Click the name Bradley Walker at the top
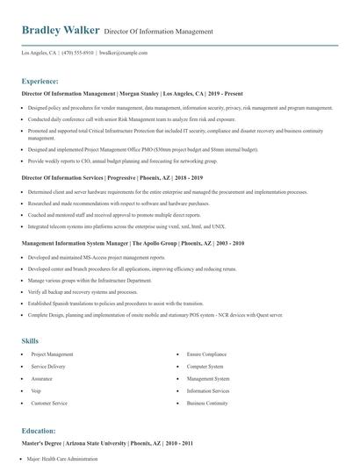pyautogui.click(x=60, y=30)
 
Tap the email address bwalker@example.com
pyautogui.click(x=124, y=53)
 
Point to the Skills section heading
pyautogui.click(x=31, y=340)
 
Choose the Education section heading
pyautogui.click(x=40, y=431)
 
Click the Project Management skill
pyautogui.click(x=52, y=354)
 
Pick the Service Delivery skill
pyautogui.click(x=48, y=367)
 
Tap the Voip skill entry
pyautogui.click(x=37, y=391)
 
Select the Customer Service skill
pyautogui.click(x=49, y=404)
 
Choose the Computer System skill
pyautogui.click(x=205, y=367)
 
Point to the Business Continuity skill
pyautogui.click(x=208, y=404)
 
